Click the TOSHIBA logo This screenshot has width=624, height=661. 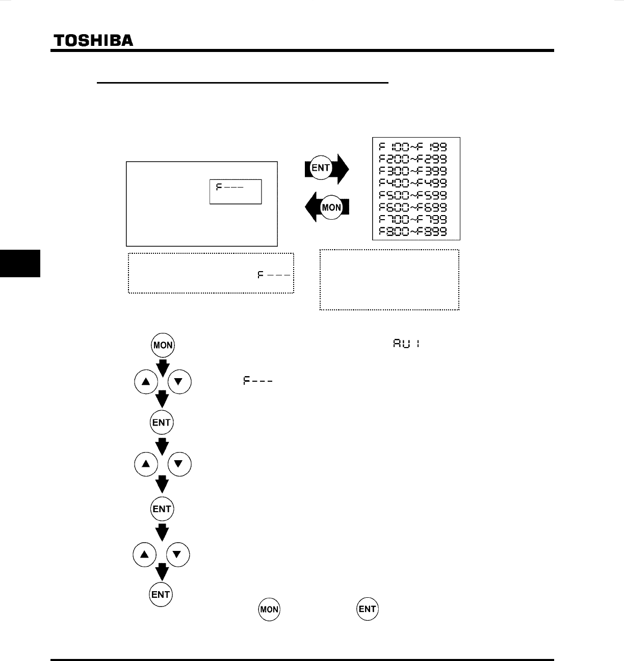pyautogui.click(x=93, y=40)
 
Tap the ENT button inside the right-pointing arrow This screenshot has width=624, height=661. pyautogui.click(x=321, y=168)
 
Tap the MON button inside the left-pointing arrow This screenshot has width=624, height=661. pyautogui.click(x=331, y=207)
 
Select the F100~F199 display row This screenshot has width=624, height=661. pyautogui.click(x=416, y=146)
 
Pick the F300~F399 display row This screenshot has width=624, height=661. pyautogui.click(x=416, y=171)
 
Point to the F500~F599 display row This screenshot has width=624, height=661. pyautogui.click(x=416, y=195)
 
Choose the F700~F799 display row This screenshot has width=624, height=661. pyautogui.click(x=416, y=220)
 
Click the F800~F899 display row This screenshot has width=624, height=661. pyautogui.click(x=416, y=232)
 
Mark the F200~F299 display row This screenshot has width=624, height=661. pyautogui.click(x=416, y=158)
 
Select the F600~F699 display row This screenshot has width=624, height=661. pyautogui.click(x=416, y=207)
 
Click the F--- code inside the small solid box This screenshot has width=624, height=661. pyautogui.click(x=229, y=187)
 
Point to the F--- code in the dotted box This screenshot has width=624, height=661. pyautogui.click(x=274, y=275)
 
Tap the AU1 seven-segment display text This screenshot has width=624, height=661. pyautogui.click(x=406, y=344)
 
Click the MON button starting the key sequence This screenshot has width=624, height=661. pyautogui.click(x=163, y=345)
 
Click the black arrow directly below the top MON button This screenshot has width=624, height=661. pyautogui.click(x=163, y=366)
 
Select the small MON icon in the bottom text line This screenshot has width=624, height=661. pyautogui.click(x=269, y=610)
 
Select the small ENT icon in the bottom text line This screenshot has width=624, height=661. pyautogui.click(x=367, y=609)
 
